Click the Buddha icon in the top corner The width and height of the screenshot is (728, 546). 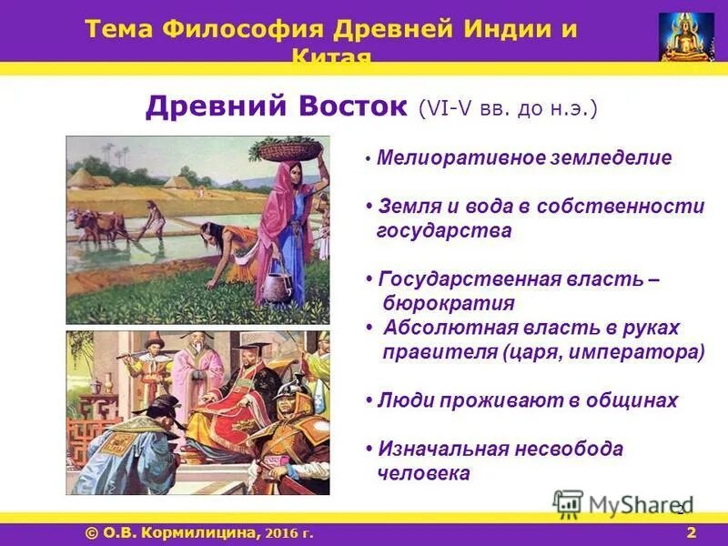687,36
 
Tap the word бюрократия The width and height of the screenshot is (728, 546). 449,304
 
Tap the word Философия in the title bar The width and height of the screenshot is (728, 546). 243,28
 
